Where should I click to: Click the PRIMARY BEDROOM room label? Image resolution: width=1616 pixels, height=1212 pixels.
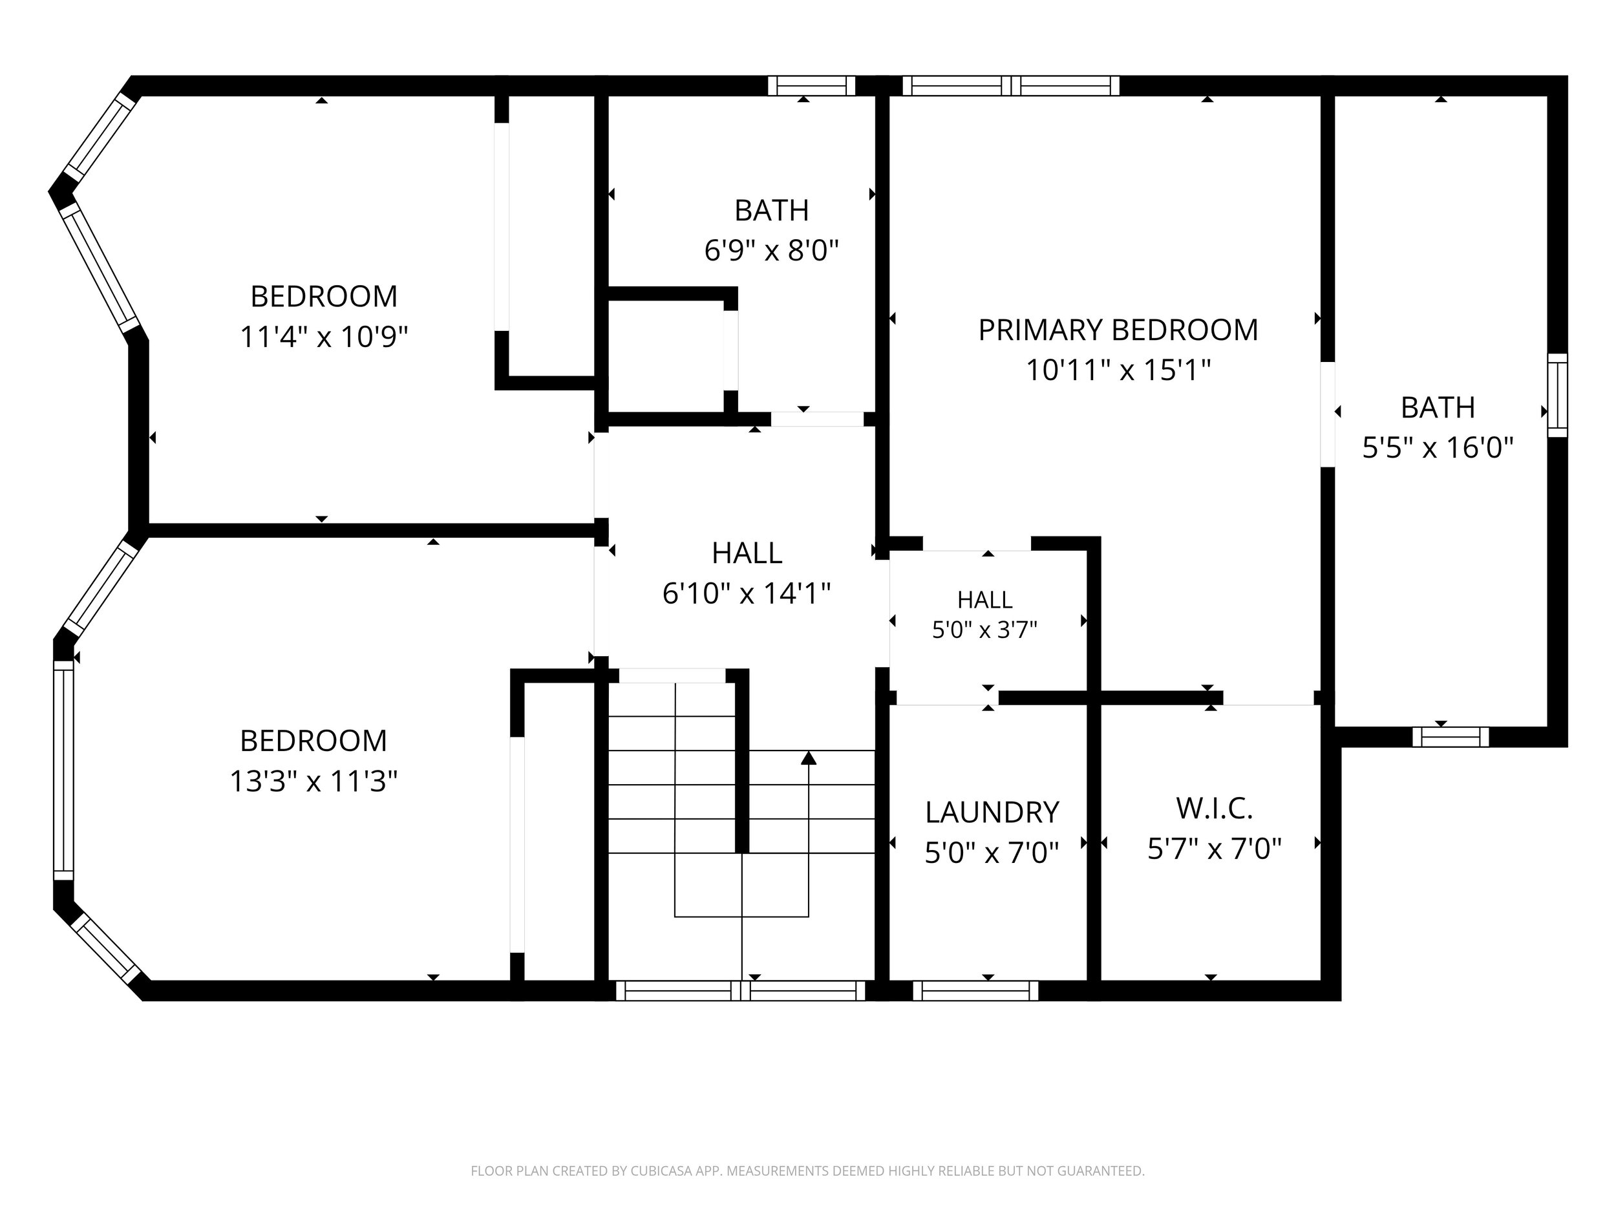point(1118,330)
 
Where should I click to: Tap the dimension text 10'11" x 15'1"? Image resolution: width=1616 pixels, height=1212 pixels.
point(1118,370)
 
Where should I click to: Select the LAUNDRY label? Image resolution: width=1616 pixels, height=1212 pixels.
point(992,813)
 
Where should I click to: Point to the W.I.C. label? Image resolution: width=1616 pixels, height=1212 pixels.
point(1214,809)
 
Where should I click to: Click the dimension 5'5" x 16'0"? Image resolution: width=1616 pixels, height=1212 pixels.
point(1438,447)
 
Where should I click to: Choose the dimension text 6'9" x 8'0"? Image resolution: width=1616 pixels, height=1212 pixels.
point(771,251)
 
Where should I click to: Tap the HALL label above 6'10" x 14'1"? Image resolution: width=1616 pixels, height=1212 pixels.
point(747,553)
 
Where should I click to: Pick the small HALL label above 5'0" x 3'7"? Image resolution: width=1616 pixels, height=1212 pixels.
point(985,600)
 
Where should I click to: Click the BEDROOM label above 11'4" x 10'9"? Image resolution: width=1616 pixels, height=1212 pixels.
point(324,297)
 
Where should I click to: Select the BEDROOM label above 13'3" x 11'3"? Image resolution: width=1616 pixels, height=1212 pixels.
point(314,741)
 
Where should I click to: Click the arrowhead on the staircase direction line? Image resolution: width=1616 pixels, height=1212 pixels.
point(808,758)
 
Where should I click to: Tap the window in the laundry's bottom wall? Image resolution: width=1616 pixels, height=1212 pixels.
point(975,991)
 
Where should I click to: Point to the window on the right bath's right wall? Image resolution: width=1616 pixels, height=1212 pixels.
point(1558,395)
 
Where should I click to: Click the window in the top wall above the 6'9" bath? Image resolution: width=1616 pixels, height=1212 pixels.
point(811,85)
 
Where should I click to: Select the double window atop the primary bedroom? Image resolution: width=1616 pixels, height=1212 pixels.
point(1011,85)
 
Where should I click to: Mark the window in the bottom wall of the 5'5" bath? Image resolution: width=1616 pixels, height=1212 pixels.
point(1450,737)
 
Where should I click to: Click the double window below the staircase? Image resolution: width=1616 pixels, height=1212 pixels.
point(741,991)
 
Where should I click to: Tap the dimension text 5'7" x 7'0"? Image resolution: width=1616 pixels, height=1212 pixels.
point(1214,849)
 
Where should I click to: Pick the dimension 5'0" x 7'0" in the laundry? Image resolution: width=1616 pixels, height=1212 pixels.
point(992,853)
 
